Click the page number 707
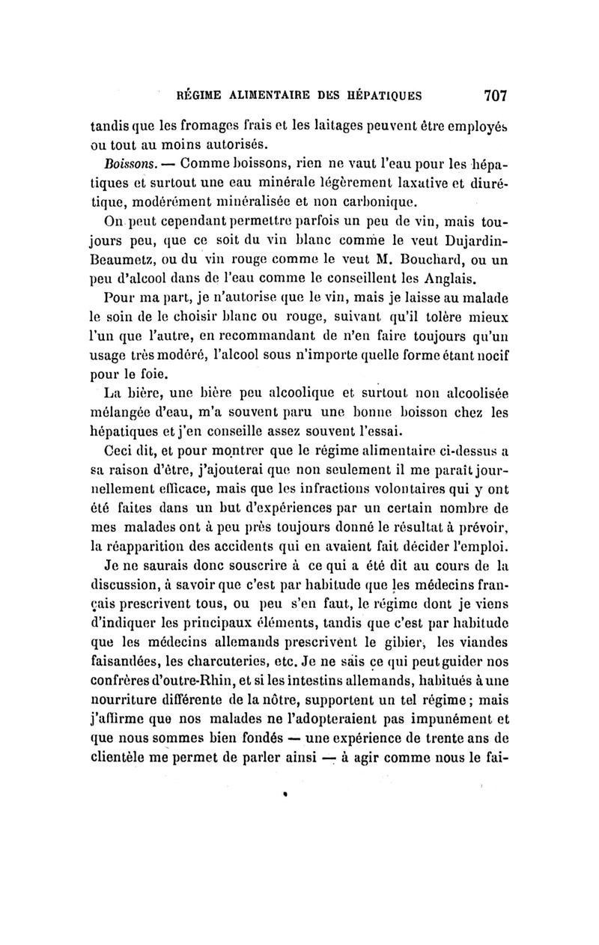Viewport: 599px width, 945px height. coord(496,95)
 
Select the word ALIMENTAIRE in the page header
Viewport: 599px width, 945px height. coord(259,96)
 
